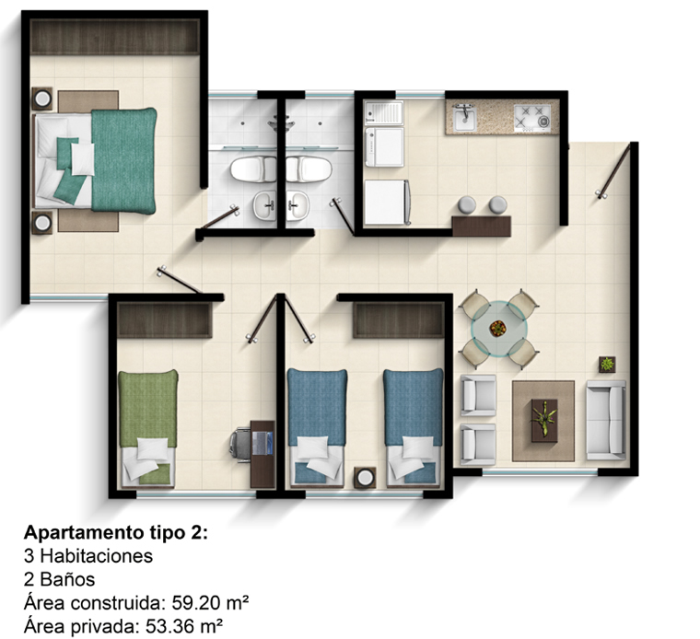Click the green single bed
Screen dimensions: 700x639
[147, 427]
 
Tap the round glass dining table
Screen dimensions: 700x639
[498, 329]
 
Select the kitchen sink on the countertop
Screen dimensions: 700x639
[465, 118]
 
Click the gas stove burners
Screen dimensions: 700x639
[532, 117]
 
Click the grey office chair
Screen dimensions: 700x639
[240, 445]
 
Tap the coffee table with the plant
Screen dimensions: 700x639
[544, 421]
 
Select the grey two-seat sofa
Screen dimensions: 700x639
[606, 420]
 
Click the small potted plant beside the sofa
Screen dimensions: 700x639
[607, 364]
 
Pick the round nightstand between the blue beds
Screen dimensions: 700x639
[365, 478]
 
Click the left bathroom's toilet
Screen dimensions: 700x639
[253, 169]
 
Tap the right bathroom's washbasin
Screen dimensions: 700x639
[297, 205]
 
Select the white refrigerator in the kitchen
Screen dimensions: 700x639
[387, 203]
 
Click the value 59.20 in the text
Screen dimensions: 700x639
[194, 603]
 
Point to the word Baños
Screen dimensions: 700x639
[67, 579]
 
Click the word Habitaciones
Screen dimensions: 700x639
[96, 556]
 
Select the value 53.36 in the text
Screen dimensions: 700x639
[169, 626]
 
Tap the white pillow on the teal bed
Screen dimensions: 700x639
[83, 159]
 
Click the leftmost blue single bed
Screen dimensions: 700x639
[317, 427]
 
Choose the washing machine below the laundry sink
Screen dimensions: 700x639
[384, 146]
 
